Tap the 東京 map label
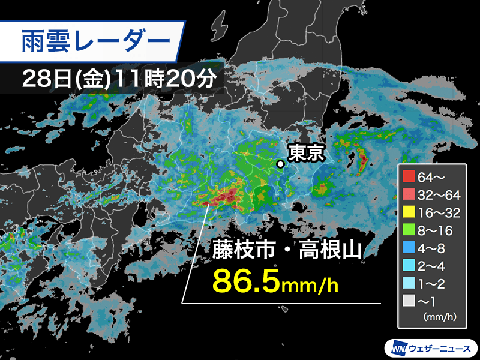pos(306,154)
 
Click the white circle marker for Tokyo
pos(280,163)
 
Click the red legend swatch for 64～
pos(408,177)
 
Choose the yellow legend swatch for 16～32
pos(408,212)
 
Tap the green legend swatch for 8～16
pos(408,229)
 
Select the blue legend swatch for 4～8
pos(408,247)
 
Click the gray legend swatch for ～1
pos(408,299)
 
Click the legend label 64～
pos(430,177)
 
